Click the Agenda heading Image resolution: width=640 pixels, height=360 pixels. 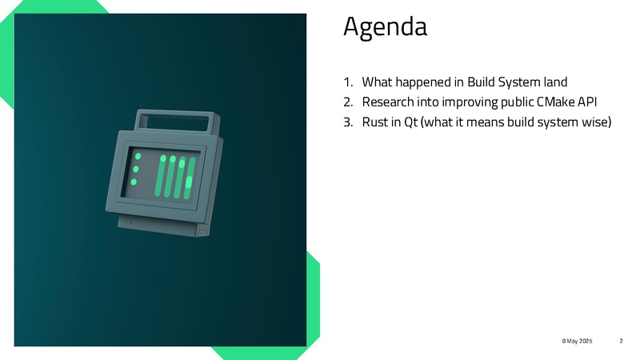pyautogui.click(x=385, y=27)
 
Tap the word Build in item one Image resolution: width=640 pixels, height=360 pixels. pyautogui.click(x=481, y=82)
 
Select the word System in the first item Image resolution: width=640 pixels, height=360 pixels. pyautogui.click(x=518, y=82)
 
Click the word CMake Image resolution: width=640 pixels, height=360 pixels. pyautogui.click(x=555, y=102)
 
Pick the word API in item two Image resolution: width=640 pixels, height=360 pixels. pyautogui.click(x=587, y=102)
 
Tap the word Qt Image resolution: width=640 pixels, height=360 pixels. pyautogui.click(x=411, y=122)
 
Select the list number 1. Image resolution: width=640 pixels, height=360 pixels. pyautogui.click(x=348, y=82)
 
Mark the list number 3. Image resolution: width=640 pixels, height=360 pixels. pyautogui.click(x=348, y=122)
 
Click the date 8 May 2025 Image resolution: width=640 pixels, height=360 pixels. pyautogui.click(x=577, y=341)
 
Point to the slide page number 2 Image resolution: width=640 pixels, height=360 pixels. pyautogui.click(x=621, y=341)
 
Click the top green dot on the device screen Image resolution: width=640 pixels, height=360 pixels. pyautogui.click(x=138, y=156)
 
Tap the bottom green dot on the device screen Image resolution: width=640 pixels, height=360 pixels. pyautogui.click(x=134, y=182)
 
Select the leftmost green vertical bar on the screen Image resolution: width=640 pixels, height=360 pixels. pyautogui.click(x=160, y=175)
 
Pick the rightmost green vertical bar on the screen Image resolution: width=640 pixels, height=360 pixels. pyautogui.click(x=190, y=178)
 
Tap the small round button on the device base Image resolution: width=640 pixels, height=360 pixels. pyautogui.click(x=129, y=222)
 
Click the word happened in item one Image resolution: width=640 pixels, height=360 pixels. pyautogui.click(x=422, y=83)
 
